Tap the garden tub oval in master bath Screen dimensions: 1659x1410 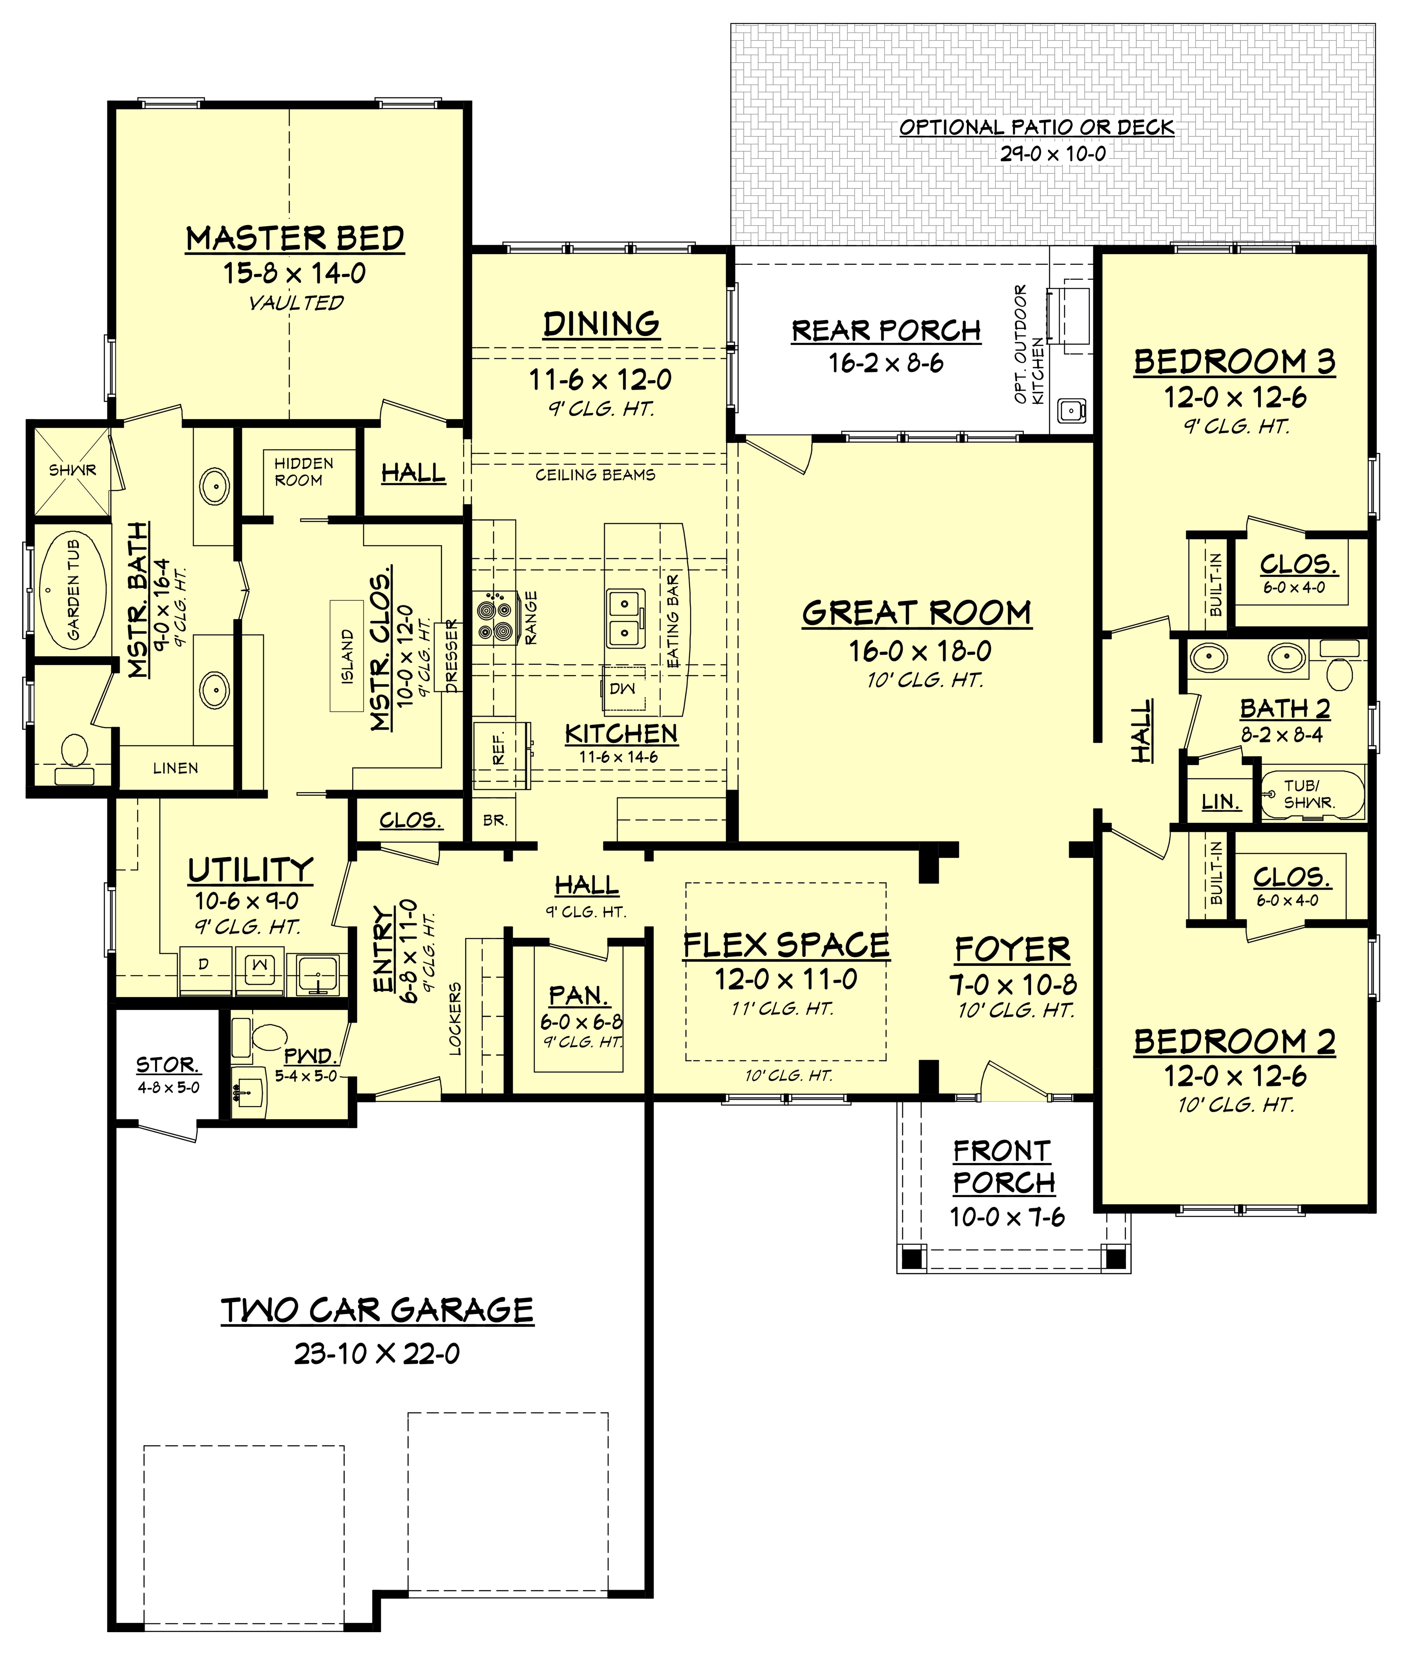(x=74, y=590)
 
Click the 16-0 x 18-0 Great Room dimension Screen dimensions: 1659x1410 (x=919, y=651)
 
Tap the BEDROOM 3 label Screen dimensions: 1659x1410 (x=1234, y=362)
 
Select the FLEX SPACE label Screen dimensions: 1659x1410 (x=786, y=945)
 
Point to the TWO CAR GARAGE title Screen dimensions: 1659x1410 (x=377, y=1311)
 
